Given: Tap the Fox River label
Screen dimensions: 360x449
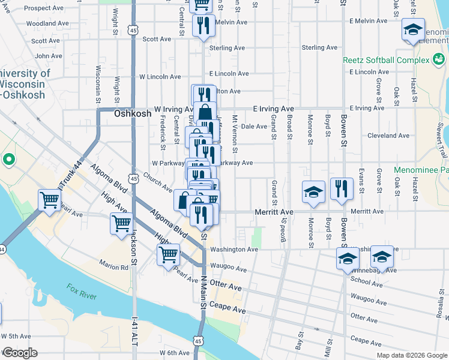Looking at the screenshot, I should click(80, 291).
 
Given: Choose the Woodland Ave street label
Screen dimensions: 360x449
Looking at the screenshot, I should click(41, 23).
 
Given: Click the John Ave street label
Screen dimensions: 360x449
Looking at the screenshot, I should click(49, 56).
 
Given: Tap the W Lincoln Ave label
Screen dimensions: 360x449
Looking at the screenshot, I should click(160, 77).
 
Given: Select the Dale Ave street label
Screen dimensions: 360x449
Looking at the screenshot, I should click(254, 127).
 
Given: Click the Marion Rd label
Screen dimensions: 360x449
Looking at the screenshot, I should click(115, 268).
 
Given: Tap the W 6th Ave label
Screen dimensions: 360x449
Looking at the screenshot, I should click(175, 353).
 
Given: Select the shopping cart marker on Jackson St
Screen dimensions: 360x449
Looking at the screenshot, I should click(122, 223).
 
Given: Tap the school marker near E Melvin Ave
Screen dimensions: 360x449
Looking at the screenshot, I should click(413, 31).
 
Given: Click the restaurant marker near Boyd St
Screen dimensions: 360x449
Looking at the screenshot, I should click(342, 188).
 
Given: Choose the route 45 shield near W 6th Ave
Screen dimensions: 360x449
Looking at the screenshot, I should click(198, 341).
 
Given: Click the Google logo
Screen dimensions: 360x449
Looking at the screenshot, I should click(19, 353).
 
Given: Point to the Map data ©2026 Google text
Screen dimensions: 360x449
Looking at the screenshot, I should click(411, 355).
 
